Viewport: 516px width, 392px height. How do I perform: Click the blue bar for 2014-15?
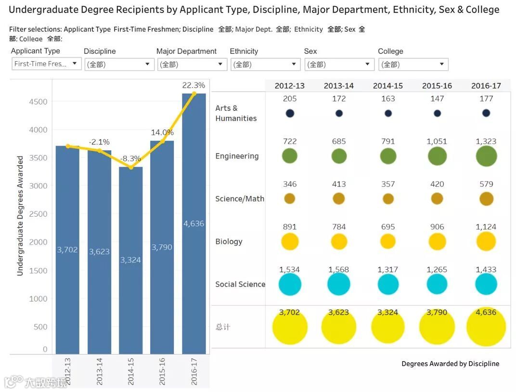coord(130,260)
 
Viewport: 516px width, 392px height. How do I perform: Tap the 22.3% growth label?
coord(193,85)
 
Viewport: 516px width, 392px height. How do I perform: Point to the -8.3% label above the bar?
coord(130,158)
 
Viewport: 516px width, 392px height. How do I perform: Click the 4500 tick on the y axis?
coord(38,102)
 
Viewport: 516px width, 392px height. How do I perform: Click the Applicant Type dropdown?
coord(46,64)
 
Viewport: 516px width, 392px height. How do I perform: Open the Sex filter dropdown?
coord(339,65)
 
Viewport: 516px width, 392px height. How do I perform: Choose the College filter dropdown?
coord(413,65)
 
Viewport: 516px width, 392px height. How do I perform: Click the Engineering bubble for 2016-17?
coord(486,157)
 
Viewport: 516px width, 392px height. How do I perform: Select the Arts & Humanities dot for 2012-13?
coord(290,114)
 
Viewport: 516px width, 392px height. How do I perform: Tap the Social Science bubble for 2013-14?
coord(339,285)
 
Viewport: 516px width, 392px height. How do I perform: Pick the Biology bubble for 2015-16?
coord(437,241)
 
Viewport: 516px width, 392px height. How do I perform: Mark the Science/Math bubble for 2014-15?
coord(388,199)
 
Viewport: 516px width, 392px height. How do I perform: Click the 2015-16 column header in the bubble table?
coord(437,86)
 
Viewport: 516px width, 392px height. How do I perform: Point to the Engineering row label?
coord(237,156)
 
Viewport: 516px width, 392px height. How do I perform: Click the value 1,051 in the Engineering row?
coord(437,142)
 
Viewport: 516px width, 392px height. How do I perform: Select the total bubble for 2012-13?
coord(290,327)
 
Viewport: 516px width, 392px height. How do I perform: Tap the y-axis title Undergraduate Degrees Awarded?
coord(20,215)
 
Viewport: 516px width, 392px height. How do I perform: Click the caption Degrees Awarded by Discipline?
coord(450,364)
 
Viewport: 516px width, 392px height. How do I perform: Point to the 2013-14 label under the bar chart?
coord(99,371)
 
